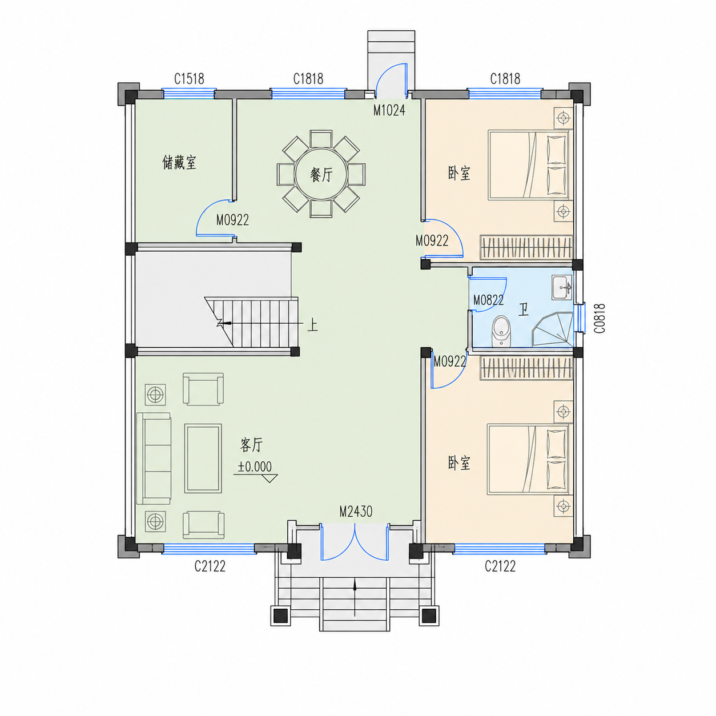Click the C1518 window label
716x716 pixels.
click(x=189, y=79)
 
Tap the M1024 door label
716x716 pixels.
click(x=389, y=110)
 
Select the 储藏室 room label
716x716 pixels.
click(x=179, y=163)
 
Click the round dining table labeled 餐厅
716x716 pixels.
click(x=321, y=174)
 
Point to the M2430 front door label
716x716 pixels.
click(x=356, y=512)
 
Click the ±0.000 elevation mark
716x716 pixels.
click(x=255, y=466)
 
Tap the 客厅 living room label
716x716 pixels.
click(x=252, y=445)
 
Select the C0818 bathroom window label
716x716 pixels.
click(x=600, y=318)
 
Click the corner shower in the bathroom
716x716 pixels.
click(x=553, y=329)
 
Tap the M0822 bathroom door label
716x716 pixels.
click(x=488, y=300)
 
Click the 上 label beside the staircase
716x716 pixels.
click(x=312, y=326)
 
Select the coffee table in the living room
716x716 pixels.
click(x=203, y=458)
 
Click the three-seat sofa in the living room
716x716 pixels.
click(x=154, y=458)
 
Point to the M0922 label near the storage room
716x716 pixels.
click(x=232, y=220)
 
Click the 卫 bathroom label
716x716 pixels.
click(x=524, y=309)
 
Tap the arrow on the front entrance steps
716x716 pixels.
click(x=355, y=597)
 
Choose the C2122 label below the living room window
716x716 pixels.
click(x=210, y=566)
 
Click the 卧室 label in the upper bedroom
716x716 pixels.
click(x=459, y=173)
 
